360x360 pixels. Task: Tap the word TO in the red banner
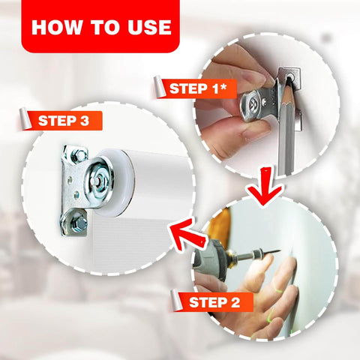click(112, 27)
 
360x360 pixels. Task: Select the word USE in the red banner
click(150, 27)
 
